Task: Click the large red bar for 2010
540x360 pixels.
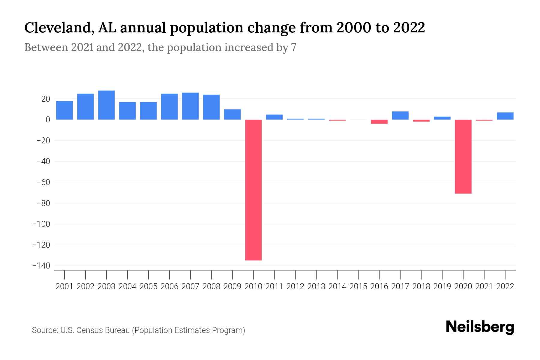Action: [253, 190]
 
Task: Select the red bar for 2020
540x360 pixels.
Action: [463, 156]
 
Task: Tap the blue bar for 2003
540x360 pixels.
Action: [106, 105]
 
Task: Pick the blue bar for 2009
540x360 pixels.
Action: [232, 114]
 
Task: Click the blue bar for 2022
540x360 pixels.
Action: [505, 116]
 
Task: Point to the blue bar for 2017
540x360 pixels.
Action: [400, 115]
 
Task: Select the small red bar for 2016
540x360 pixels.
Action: [379, 121]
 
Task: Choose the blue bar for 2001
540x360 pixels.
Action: [64, 110]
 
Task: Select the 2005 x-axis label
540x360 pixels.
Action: [148, 286]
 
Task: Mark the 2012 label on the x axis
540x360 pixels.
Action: [295, 286]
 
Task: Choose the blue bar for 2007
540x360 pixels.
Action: [190, 106]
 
